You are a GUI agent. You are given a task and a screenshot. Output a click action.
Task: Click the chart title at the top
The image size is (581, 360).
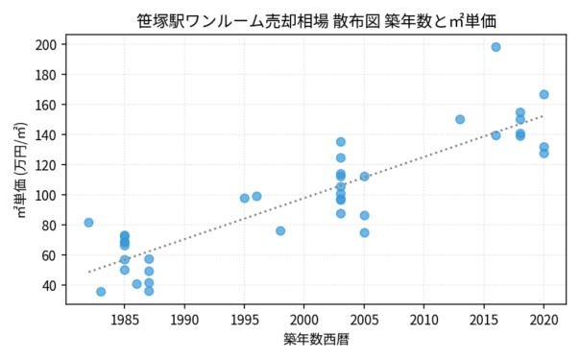317,21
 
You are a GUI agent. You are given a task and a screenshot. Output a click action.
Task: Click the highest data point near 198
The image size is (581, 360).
496,47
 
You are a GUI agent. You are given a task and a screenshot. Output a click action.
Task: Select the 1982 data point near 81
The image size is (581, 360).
88,223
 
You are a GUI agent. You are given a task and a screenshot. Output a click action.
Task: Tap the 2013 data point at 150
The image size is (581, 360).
460,119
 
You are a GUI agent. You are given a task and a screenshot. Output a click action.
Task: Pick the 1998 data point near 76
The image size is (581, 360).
280,231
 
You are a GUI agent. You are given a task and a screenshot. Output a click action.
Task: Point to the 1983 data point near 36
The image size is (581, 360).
101,292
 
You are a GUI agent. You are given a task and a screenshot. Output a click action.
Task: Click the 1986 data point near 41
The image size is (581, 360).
136,284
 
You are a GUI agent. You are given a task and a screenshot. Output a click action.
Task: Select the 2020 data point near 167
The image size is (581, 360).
544,94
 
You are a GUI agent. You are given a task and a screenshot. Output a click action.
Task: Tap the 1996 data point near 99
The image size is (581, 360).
256,196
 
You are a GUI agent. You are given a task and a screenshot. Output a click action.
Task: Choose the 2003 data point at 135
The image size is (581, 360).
341,142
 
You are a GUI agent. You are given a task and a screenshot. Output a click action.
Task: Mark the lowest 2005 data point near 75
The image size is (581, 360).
364,232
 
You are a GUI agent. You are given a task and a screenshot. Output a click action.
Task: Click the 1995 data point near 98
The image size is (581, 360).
245,198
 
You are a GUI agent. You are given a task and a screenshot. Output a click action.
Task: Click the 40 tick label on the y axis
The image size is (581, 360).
49,285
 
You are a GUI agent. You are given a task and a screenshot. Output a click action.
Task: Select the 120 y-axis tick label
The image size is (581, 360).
46,165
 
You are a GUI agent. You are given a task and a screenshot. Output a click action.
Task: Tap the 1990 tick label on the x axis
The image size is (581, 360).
184,320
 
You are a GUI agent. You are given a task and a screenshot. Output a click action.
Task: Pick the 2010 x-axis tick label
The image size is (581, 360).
424,320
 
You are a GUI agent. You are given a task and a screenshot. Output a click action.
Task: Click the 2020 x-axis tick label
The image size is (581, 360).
544,320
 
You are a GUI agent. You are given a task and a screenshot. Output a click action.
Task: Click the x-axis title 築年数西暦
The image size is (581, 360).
316,339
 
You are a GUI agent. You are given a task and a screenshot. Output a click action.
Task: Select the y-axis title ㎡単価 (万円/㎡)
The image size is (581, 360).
21,170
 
